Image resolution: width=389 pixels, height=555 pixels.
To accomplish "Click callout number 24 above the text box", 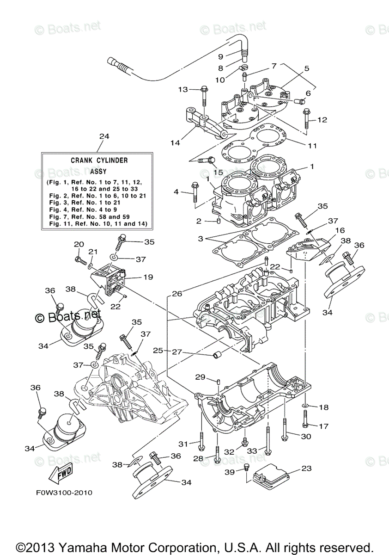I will click(x=104, y=136).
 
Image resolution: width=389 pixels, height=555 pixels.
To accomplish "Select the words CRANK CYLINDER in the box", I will click(x=99, y=160).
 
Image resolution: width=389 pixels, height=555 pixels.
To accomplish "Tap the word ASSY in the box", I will click(x=99, y=170).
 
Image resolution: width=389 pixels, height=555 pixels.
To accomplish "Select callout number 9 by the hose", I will click(x=221, y=56).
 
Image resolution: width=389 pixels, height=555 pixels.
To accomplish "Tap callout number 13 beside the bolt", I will click(x=183, y=89).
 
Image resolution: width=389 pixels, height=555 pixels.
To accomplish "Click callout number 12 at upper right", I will click(x=322, y=120).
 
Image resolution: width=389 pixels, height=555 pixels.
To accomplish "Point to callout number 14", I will click(x=175, y=143).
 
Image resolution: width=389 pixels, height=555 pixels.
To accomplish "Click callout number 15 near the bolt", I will click(x=218, y=172).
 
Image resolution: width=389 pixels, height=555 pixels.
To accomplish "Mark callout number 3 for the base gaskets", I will click(x=200, y=239).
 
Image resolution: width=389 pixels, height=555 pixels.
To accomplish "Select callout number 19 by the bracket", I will click(x=148, y=277).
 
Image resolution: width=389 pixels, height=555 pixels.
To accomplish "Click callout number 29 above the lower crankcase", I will click(x=200, y=377).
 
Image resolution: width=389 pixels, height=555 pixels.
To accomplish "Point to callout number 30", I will click(x=306, y=436).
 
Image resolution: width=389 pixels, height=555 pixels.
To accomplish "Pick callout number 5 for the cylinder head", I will click(x=306, y=68).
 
